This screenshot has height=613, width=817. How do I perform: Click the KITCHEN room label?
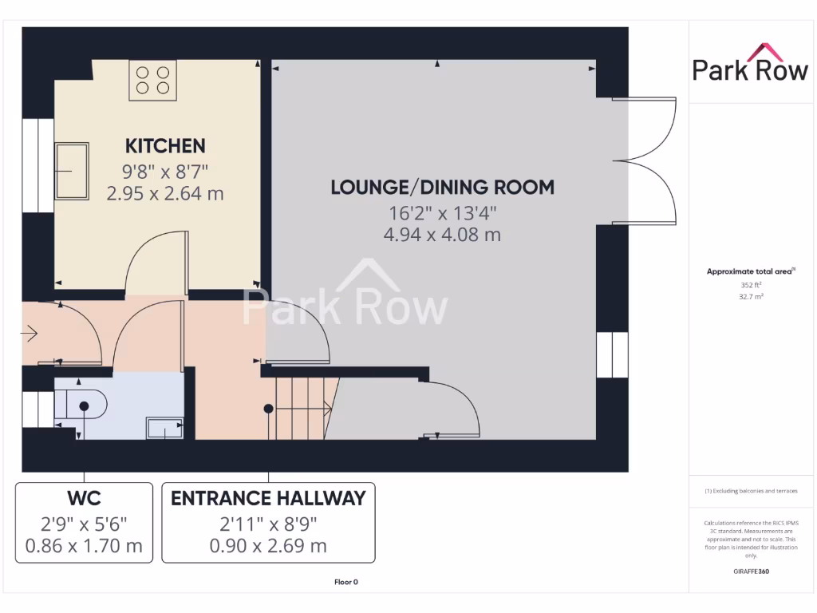coord(165,146)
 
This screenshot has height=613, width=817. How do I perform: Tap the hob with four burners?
coord(152,80)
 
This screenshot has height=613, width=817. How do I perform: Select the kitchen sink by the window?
coord(72,169)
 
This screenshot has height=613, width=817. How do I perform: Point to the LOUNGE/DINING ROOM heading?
coord(443,188)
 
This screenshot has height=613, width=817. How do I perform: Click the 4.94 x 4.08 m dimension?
coord(443,235)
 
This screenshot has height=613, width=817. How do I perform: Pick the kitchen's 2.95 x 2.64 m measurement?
coord(165,192)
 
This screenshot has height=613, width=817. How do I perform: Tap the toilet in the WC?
coord(83,405)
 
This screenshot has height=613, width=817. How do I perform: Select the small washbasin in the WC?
coord(165,429)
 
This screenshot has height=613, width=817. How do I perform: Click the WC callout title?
coord(84,499)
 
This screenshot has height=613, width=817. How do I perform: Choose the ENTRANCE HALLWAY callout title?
coord(268,499)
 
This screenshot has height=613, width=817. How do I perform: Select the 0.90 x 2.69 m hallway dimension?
coord(268,546)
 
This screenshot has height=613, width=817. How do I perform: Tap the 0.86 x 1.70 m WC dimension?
coord(84,546)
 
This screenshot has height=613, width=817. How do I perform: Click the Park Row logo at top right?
coord(750,64)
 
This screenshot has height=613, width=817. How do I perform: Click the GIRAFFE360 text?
coord(751,571)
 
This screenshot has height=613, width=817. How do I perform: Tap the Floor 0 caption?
coord(346,582)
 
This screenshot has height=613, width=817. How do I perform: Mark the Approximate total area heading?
coord(750,272)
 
